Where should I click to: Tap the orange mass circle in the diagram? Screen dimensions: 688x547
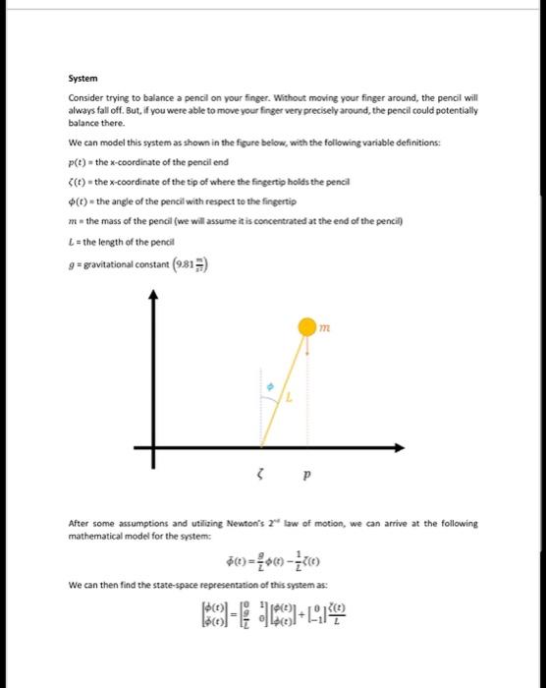[x=307, y=323]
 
